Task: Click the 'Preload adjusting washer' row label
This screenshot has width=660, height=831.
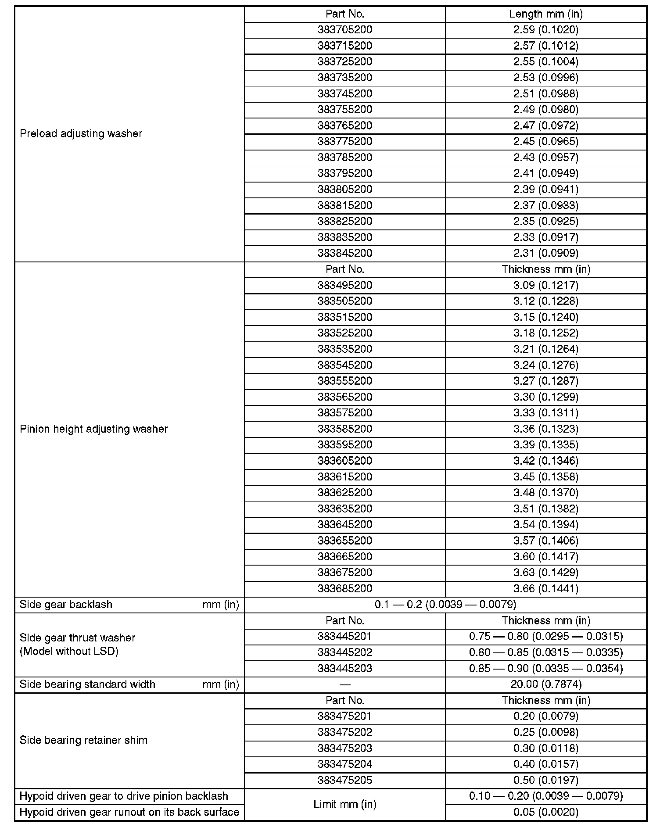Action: click(81, 134)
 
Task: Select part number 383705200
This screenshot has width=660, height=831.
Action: click(344, 30)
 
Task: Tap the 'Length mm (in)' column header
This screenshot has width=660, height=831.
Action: click(546, 14)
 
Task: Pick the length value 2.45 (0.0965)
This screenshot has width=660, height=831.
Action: click(546, 142)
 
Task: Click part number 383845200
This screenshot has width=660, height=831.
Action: click(344, 253)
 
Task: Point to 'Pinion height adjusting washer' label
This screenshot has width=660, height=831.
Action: click(93, 429)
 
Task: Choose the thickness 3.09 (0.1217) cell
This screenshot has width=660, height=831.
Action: click(546, 285)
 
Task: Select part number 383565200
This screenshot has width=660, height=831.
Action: click(344, 397)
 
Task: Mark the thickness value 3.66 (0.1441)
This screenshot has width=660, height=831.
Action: click(546, 589)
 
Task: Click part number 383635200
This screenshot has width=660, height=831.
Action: click(344, 509)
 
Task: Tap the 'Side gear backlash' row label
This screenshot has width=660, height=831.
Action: click(66, 605)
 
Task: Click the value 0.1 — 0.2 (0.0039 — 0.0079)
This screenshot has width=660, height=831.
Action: click(445, 605)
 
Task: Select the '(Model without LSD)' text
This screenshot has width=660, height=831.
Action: click(69, 652)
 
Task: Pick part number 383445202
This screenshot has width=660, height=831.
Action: click(344, 652)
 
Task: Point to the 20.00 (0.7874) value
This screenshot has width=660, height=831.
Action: click(546, 684)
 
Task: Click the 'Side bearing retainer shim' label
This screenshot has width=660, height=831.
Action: click(83, 740)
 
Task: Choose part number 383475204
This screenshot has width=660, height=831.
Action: click(344, 764)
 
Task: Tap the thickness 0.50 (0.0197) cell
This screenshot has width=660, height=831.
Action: click(546, 780)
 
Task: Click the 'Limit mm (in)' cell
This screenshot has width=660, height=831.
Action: click(344, 804)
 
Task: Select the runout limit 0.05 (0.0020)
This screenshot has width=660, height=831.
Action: click(546, 812)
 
